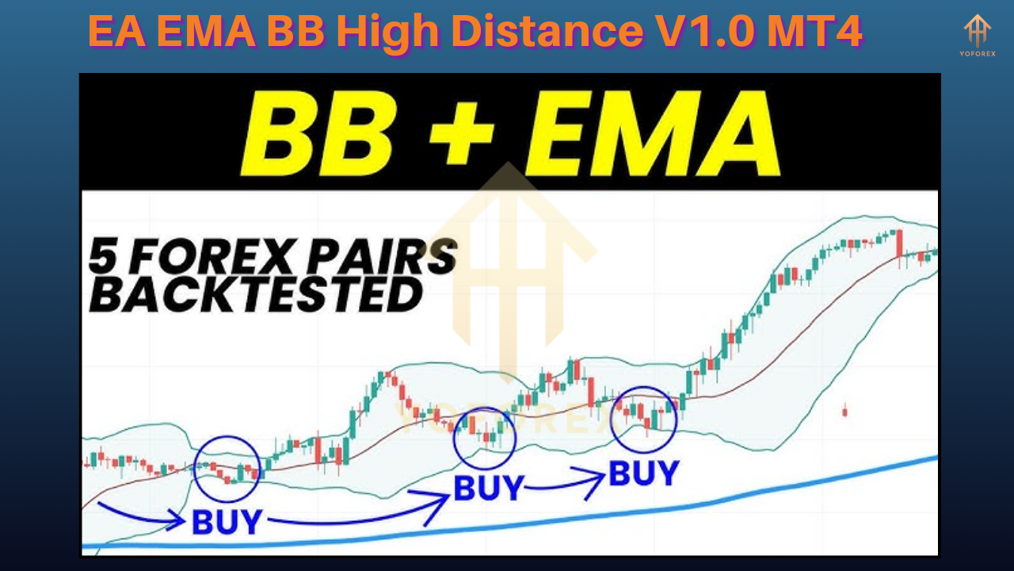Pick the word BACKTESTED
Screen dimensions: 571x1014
(255, 296)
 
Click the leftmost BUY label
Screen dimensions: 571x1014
(227, 522)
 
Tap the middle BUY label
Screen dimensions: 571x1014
(488, 488)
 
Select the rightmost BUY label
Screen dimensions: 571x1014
(643, 473)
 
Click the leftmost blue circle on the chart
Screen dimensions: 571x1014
(227, 468)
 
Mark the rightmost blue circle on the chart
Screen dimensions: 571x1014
(644, 420)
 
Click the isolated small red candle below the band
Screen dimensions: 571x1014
(844, 411)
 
